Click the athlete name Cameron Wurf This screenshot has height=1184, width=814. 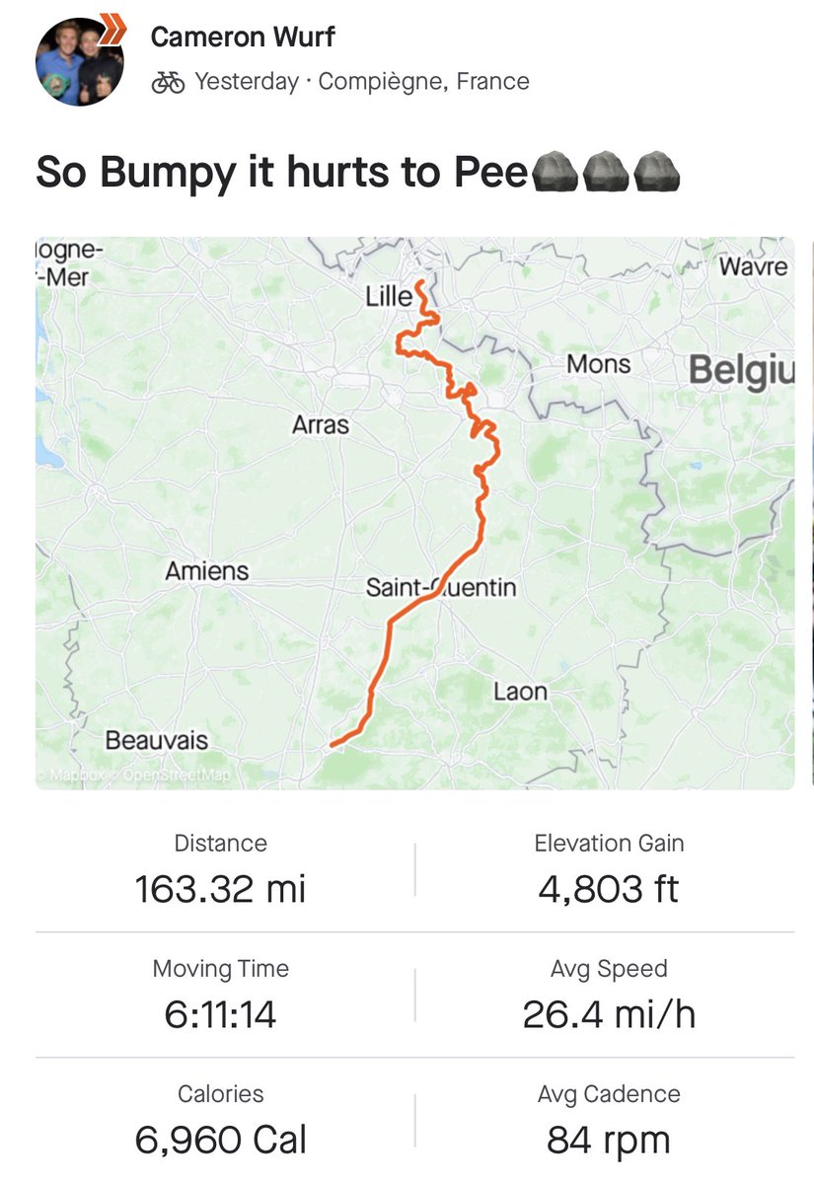(x=243, y=37)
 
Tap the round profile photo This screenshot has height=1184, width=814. (x=79, y=60)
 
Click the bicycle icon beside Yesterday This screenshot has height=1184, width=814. (x=168, y=82)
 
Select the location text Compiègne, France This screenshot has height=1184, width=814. (x=424, y=82)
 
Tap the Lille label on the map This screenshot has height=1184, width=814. (x=389, y=295)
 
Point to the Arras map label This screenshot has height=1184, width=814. (x=321, y=425)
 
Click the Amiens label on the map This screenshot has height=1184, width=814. (x=207, y=570)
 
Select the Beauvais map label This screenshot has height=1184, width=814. (x=157, y=739)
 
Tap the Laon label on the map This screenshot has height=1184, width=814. (x=520, y=692)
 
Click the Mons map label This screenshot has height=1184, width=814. (x=598, y=364)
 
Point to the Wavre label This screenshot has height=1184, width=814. (x=753, y=266)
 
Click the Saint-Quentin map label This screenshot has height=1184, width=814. (x=441, y=588)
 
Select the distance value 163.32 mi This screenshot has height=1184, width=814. (x=220, y=889)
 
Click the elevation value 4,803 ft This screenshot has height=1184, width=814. (x=609, y=889)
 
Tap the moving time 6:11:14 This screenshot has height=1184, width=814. (x=220, y=1014)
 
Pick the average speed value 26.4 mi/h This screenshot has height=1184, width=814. (x=609, y=1014)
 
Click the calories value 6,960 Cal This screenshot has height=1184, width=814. (x=220, y=1140)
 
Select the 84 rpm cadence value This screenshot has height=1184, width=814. (x=609, y=1140)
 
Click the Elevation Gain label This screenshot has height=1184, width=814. (x=609, y=844)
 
